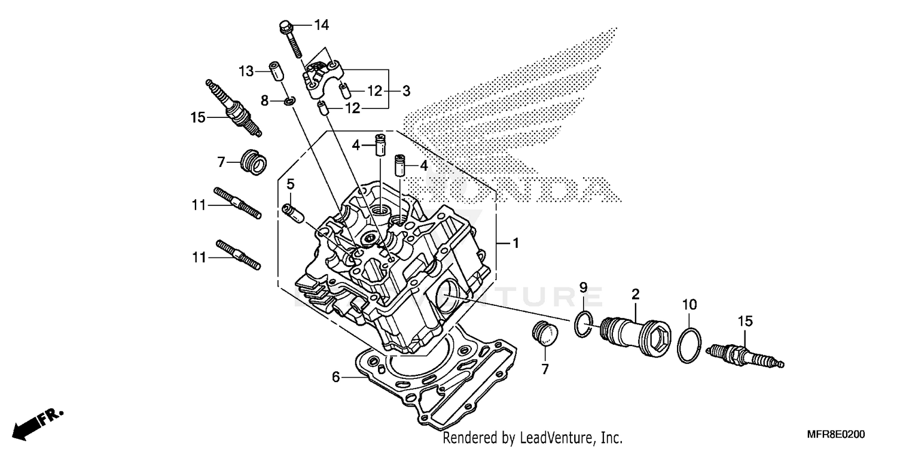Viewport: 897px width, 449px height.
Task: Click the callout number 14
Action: tap(321, 25)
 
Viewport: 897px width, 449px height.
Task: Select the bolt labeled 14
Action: tap(289, 37)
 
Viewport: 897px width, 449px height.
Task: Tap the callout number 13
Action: tap(246, 72)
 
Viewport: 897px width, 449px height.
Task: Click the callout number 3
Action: tap(406, 92)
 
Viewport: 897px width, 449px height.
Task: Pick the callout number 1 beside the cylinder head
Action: tap(515, 244)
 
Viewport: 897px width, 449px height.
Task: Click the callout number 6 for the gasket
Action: tap(336, 377)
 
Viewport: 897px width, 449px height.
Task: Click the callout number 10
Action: tap(689, 305)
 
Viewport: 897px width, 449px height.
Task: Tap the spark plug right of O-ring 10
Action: tap(745, 355)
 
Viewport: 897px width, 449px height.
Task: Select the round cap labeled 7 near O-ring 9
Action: tap(544, 333)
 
